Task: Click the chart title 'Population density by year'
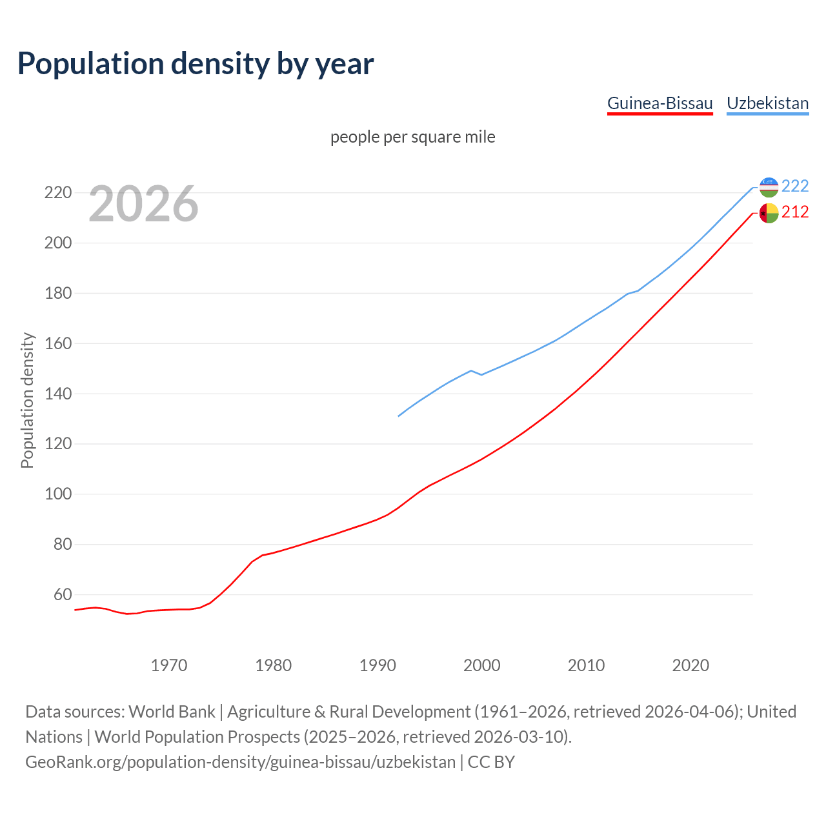[196, 63]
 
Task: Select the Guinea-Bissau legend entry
[660, 103]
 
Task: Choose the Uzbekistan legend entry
[767, 103]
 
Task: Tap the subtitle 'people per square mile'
[412, 137]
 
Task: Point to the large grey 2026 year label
[143, 204]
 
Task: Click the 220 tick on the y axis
[57, 193]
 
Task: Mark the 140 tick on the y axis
[57, 394]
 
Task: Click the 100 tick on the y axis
[57, 494]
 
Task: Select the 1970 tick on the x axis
[169, 665]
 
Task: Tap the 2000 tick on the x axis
[481, 665]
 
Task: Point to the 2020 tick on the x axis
[690, 665]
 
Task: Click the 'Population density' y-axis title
[27, 400]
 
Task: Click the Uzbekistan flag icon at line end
[769, 186]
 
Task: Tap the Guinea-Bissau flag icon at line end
[769, 213]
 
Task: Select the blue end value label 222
[795, 186]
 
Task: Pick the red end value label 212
[795, 212]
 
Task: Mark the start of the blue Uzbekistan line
[399, 416]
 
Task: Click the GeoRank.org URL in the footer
[240, 762]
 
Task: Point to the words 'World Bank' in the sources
[172, 712]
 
